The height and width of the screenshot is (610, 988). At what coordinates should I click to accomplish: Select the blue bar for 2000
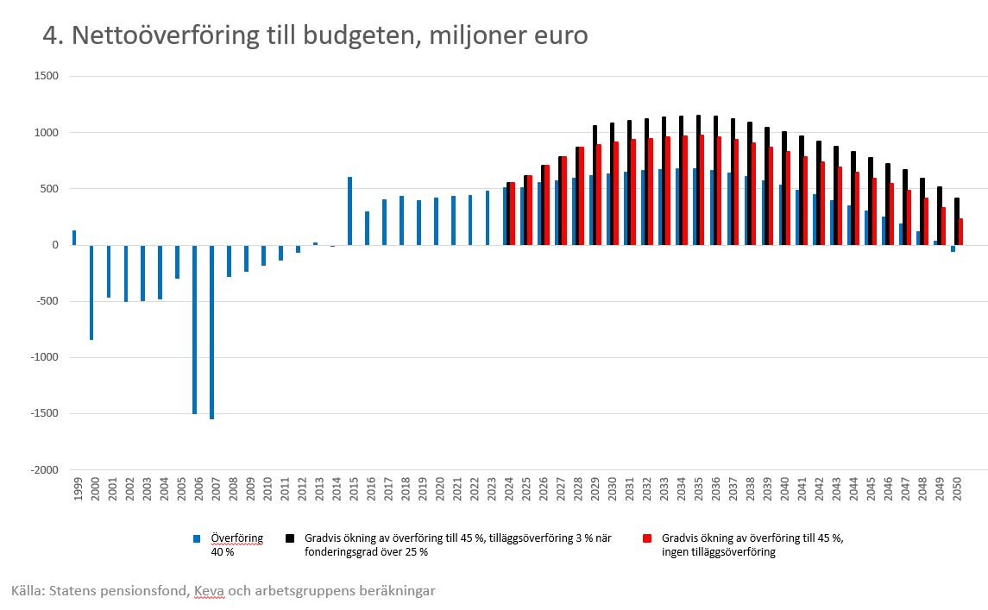[x=91, y=292]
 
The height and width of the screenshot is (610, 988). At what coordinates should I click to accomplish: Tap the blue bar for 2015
[x=349, y=211]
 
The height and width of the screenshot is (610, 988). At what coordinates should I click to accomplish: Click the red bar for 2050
[x=960, y=232]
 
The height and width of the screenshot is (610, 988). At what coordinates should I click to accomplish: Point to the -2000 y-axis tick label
[x=45, y=469]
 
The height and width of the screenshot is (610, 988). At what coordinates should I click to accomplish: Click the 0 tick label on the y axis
[x=54, y=245]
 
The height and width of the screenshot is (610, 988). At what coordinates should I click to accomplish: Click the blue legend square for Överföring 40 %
[x=198, y=538]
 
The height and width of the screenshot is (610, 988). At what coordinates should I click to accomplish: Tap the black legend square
[x=290, y=538]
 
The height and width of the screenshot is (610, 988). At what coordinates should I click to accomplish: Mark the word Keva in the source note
[x=209, y=591]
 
